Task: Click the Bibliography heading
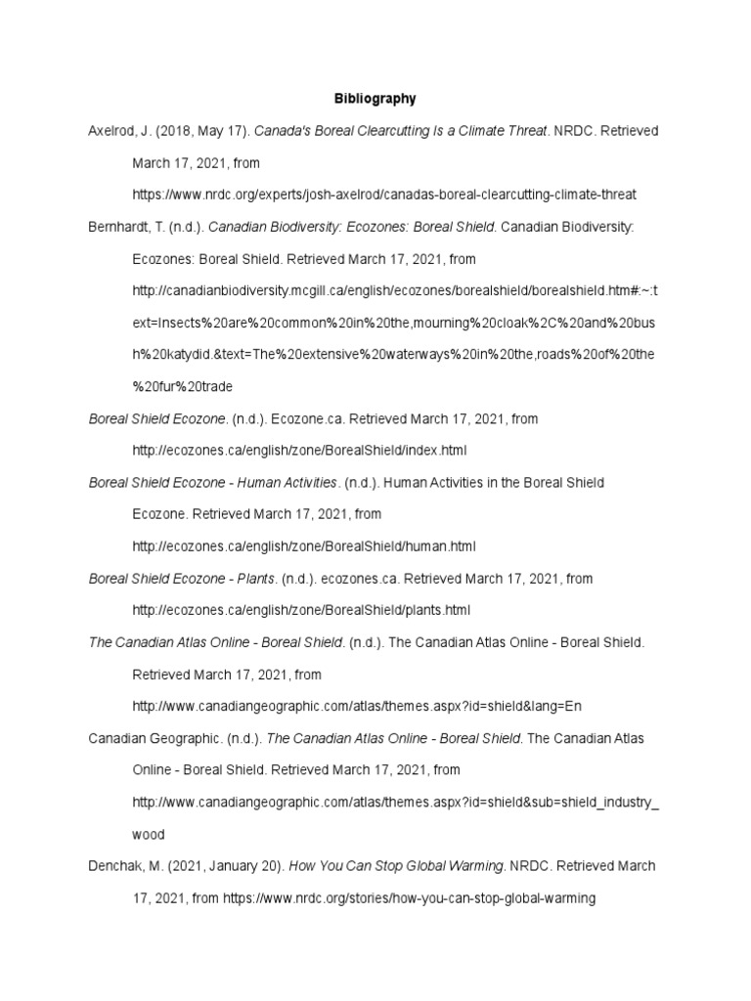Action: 375,99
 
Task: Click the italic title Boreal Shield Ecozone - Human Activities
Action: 213,482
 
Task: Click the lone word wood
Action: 149,834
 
